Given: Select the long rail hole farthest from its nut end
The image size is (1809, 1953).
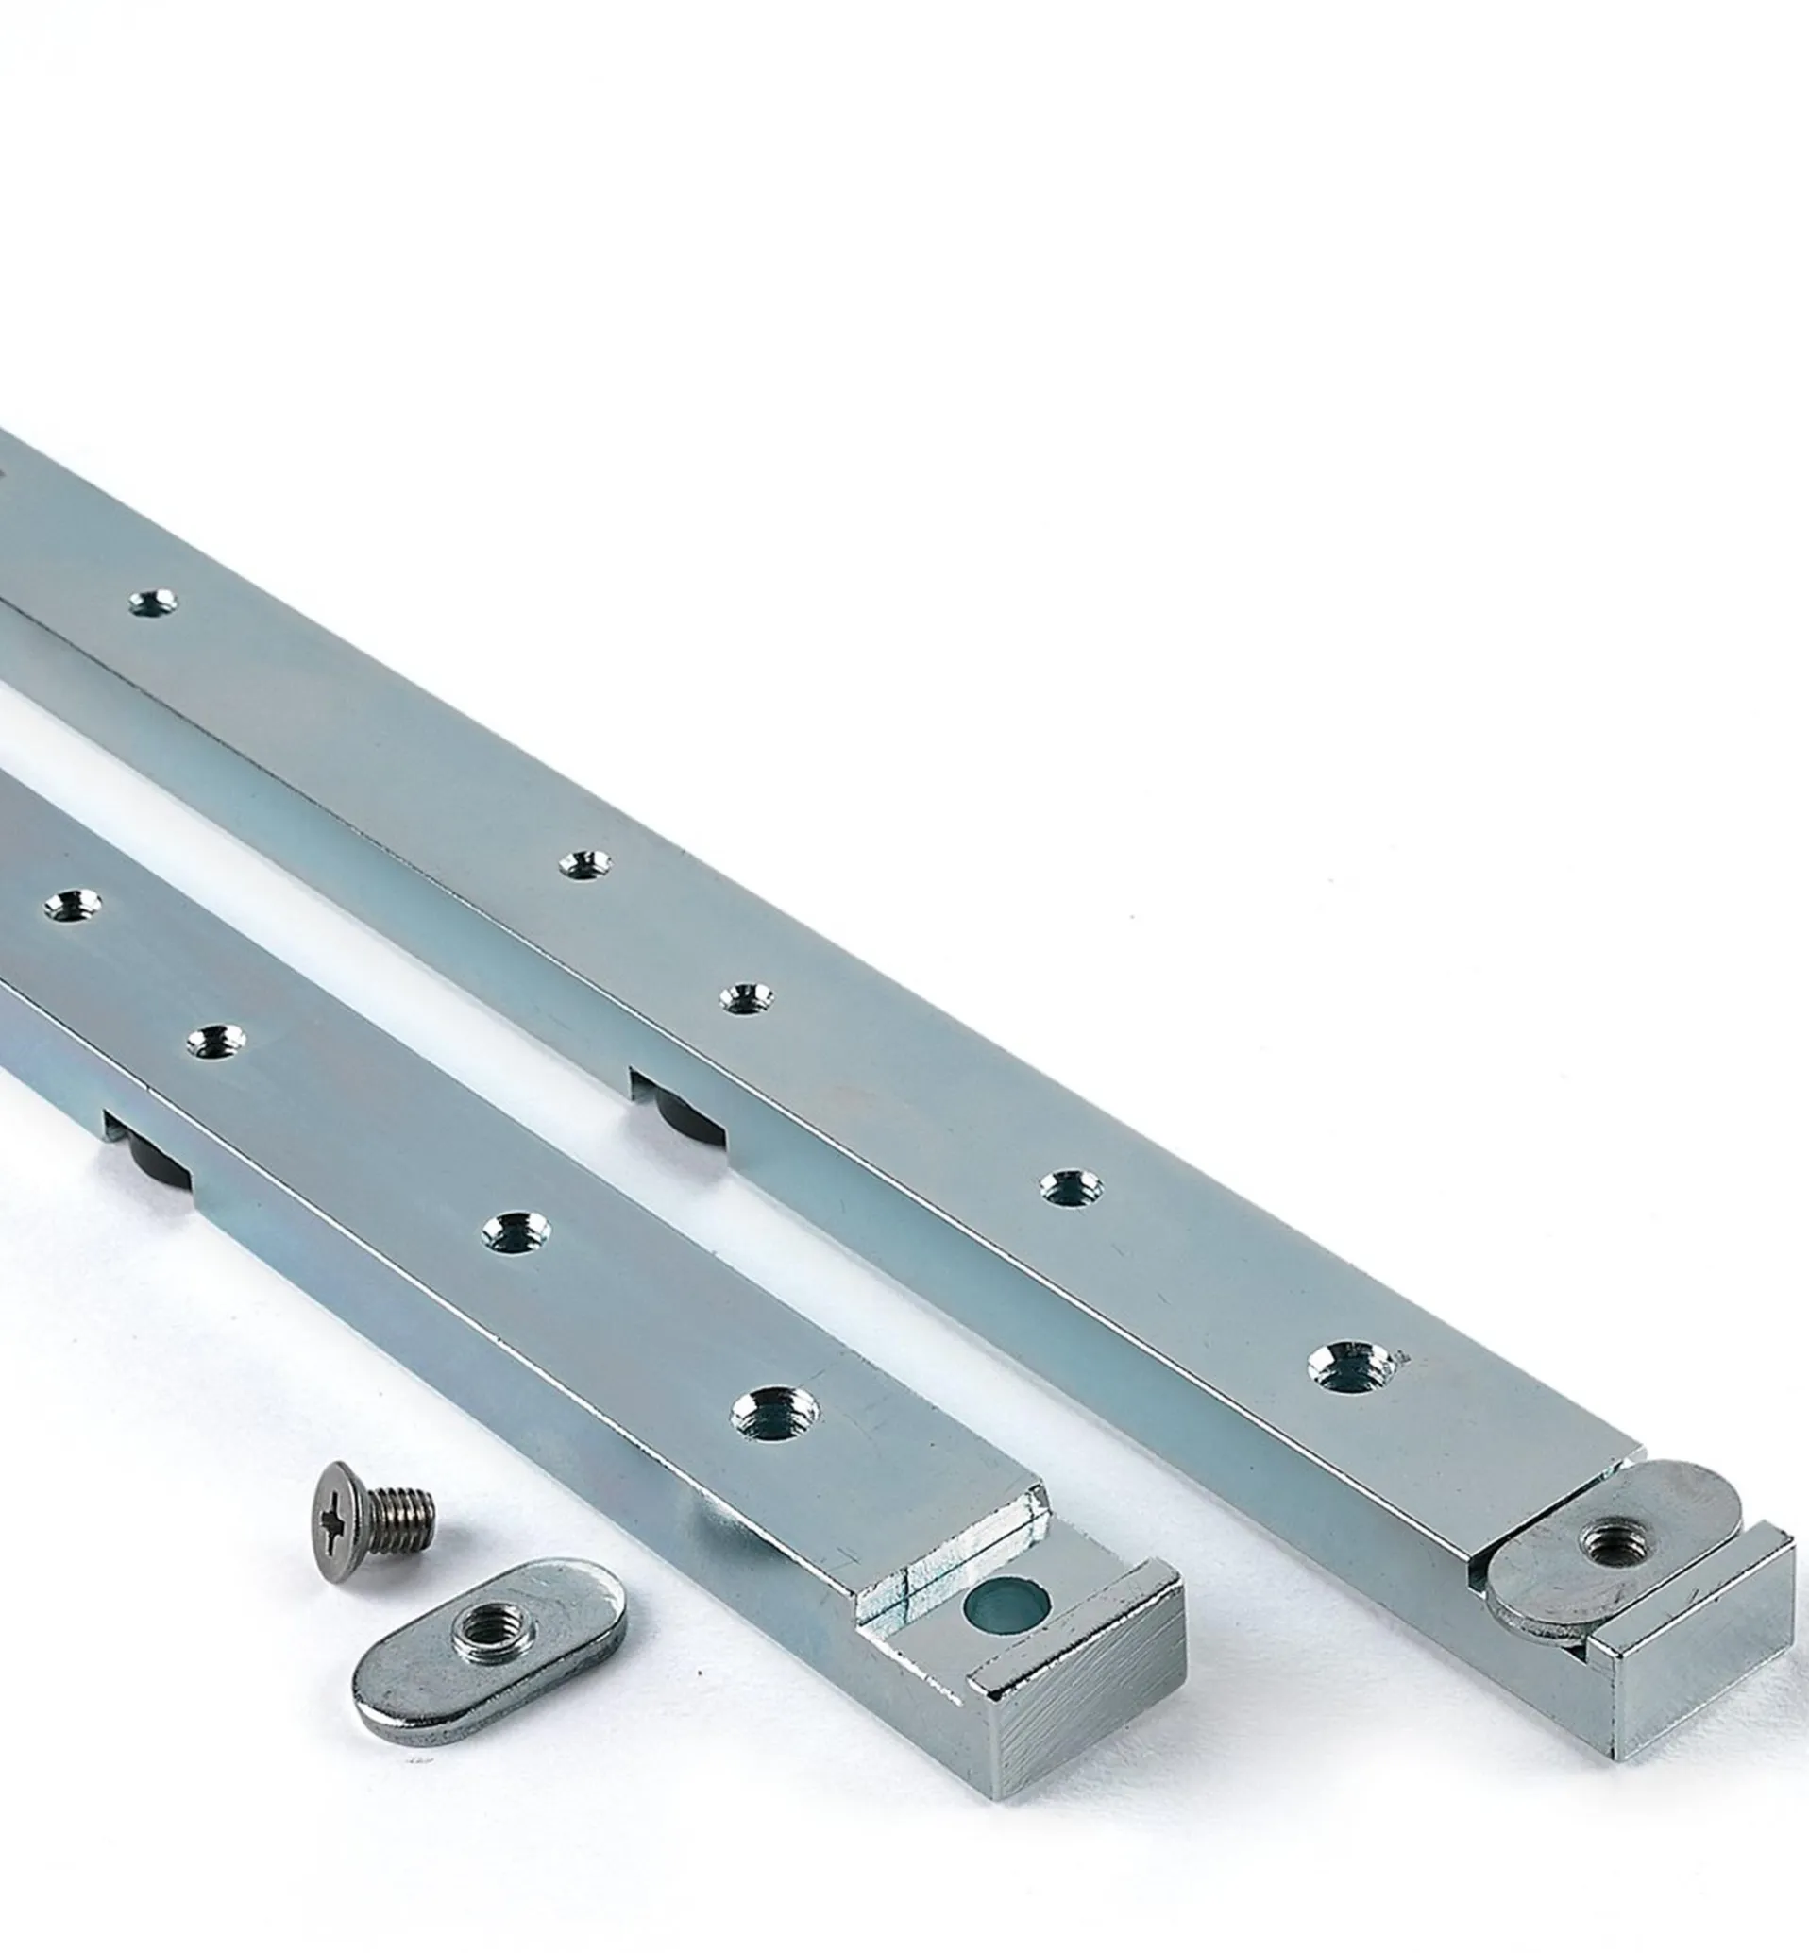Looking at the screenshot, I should (155, 603).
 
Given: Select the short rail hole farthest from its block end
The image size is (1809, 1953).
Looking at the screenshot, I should (73, 905).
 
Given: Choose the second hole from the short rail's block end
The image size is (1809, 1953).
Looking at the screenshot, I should (515, 1231).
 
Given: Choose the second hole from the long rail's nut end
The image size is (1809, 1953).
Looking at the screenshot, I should (1070, 1187).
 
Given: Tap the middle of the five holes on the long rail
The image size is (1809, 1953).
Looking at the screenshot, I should (746, 998).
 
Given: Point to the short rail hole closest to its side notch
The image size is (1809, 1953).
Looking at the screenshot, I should (215, 1041).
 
